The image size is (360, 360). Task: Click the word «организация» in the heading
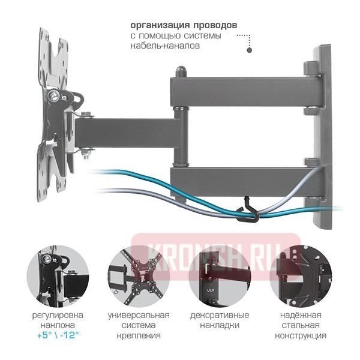pos(160,25)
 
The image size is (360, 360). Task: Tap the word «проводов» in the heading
pos(215,25)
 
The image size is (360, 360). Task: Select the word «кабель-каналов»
pos(165,46)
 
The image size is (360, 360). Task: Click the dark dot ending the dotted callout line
pos(250,50)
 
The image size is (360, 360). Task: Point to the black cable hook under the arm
pos(249,211)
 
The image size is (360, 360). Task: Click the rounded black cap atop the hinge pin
pos(181,71)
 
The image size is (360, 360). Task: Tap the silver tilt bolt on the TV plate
pos(54,96)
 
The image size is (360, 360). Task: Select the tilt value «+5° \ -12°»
pos(58,335)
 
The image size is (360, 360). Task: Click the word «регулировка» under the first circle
pos(58,315)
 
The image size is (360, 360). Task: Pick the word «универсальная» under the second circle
pos(139,315)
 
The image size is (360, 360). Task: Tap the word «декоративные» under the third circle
pos(220,315)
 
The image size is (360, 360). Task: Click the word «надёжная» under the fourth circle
pos(301,315)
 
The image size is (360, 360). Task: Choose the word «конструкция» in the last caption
pos(301,335)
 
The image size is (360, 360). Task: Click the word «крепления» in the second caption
pos(139,335)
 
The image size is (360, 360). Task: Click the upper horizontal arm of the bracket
pos(245,92)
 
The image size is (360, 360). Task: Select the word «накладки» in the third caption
pos(220,325)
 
